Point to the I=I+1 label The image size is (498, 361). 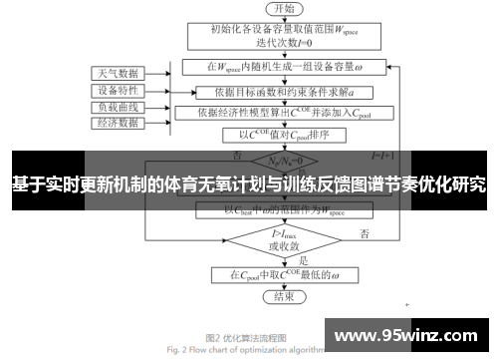pyautogui.click(x=383, y=157)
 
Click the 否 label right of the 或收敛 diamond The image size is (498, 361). pyautogui.click(x=366, y=233)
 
